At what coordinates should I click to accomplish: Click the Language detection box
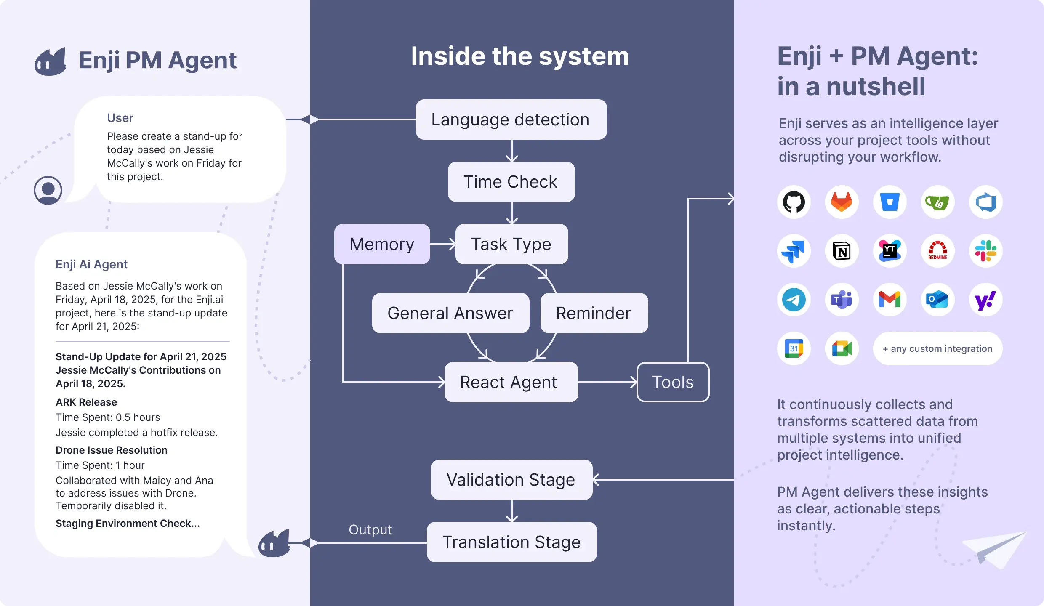click(511, 120)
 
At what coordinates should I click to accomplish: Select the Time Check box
click(511, 182)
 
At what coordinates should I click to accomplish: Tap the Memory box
click(382, 244)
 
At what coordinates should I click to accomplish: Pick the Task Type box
click(511, 244)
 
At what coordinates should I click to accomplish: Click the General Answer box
click(450, 313)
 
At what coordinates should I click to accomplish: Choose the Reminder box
click(594, 313)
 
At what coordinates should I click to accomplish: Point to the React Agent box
click(511, 382)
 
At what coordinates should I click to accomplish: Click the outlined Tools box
click(673, 382)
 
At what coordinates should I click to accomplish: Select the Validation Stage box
click(511, 480)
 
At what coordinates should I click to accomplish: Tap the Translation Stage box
click(511, 542)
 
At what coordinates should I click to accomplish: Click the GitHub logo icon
click(794, 202)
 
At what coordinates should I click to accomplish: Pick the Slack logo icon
click(986, 251)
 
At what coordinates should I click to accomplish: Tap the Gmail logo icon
click(890, 300)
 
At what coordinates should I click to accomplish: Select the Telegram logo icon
click(794, 300)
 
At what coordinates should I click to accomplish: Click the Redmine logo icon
click(937, 251)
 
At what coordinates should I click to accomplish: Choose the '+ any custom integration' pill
click(937, 348)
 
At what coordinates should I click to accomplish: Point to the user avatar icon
click(48, 190)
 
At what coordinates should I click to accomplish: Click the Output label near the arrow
click(370, 529)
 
